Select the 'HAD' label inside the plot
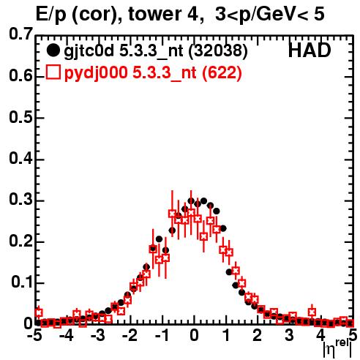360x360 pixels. (x=310, y=50)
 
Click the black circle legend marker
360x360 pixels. (x=53, y=50)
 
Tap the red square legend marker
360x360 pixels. (x=53, y=72)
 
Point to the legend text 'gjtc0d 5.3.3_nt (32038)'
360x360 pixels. (x=156, y=51)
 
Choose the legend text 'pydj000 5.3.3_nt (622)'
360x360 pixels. (x=153, y=72)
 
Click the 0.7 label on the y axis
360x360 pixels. (x=20, y=34)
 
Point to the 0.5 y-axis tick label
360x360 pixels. (x=20, y=117)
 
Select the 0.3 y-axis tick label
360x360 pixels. (x=20, y=200)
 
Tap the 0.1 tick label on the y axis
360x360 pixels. (x=21, y=282)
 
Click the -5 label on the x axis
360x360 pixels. (x=34, y=335)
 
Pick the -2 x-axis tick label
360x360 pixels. (x=130, y=335)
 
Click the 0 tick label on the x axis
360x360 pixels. (x=194, y=335)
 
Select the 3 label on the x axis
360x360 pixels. (x=289, y=335)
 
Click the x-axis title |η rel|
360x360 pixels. (x=337, y=349)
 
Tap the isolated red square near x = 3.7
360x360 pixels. (x=312, y=312)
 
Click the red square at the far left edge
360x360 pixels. (x=38, y=312)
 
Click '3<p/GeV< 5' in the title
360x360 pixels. (x=270, y=15)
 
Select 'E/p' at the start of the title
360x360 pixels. (x=50, y=15)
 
